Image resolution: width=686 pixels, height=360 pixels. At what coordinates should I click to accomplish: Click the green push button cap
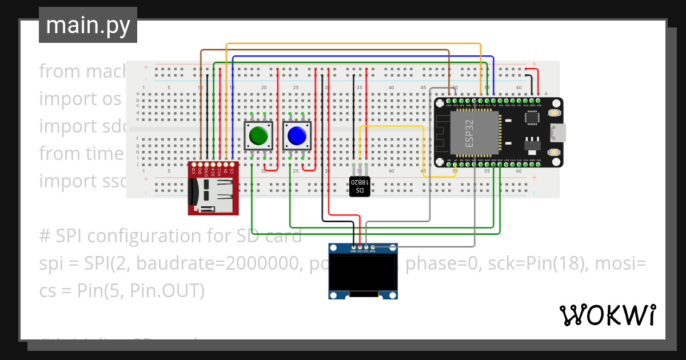(258, 136)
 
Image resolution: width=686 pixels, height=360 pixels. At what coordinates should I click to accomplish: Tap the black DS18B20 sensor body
(360, 186)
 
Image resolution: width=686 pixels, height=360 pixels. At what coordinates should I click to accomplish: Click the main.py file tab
(88, 26)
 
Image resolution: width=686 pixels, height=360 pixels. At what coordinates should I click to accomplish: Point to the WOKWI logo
(607, 315)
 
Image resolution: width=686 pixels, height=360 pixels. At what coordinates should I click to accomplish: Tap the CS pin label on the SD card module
(232, 170)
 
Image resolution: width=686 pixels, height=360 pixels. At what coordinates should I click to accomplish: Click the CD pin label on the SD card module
(194, 170)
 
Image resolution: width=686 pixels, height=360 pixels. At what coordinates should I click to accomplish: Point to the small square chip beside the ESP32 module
(532, 117)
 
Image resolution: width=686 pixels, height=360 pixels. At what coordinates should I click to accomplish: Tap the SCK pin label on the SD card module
(213, 170)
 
